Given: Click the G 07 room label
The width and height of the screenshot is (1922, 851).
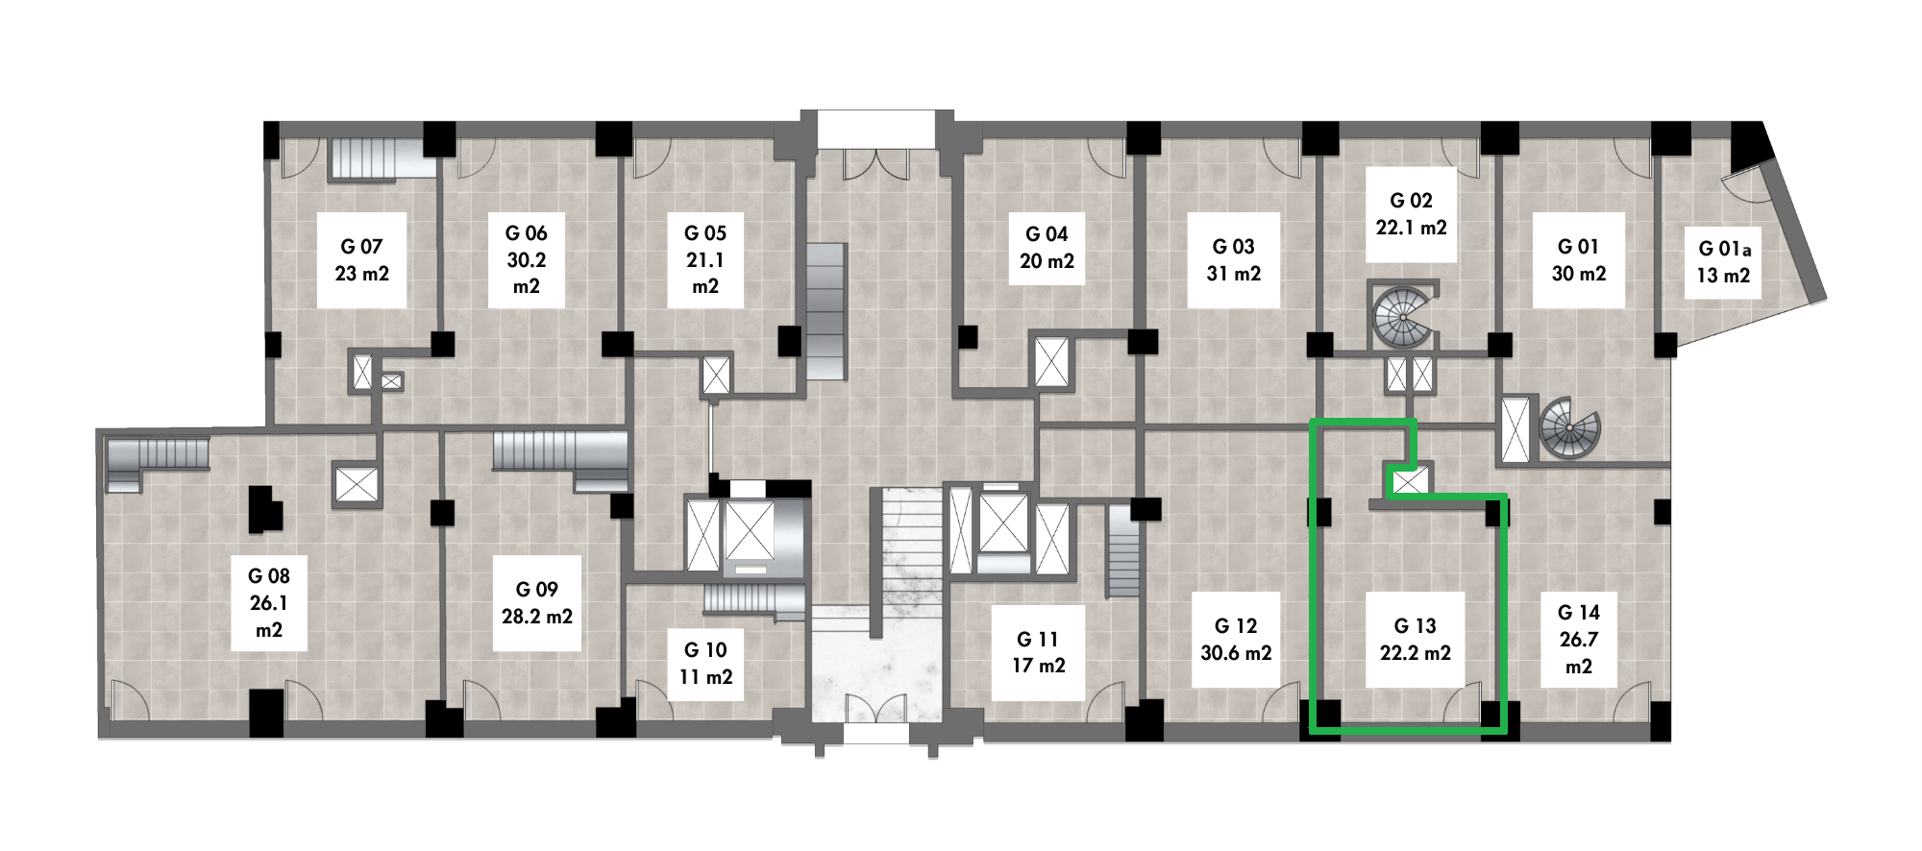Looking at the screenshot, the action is [x=362, y=260].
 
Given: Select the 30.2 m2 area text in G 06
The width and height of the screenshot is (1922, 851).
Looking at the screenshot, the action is [x=527, y=273].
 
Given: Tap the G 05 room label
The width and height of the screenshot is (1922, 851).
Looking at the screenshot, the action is [x=705, y=260].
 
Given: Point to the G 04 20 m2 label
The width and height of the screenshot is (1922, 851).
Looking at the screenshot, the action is [x=1047, y=248].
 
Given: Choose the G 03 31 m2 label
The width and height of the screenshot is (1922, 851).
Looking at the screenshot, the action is [x=1233, y=260].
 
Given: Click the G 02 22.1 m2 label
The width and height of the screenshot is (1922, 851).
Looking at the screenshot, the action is [x=1411, y=214].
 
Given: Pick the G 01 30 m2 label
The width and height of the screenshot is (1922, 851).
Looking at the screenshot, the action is [x=1579, y=260].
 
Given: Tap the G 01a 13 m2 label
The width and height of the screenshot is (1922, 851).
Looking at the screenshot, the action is [x=1723, y=262].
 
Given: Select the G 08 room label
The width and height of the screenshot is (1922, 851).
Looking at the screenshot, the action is [x=269, y=603].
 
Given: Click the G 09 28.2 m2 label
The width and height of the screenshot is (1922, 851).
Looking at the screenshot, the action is [x=537, y=603].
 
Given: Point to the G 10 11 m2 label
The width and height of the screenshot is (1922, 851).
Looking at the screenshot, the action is [x=706, y=664].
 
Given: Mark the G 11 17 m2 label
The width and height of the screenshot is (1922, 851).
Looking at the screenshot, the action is [x=1038, y=652].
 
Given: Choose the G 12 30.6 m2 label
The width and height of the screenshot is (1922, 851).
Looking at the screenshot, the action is [x=1236, y=640].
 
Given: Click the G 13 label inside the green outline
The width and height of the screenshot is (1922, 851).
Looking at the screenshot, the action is [x=1415, y=626].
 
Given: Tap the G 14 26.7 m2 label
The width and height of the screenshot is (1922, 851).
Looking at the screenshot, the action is [x=1579, y=640].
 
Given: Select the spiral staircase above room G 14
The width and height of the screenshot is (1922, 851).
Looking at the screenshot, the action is [x=1569, y=427].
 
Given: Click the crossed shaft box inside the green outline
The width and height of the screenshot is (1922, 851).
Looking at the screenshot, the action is [x=1410, y=479].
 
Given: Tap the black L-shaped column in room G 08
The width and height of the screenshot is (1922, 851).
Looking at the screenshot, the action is [x=263, y=509].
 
